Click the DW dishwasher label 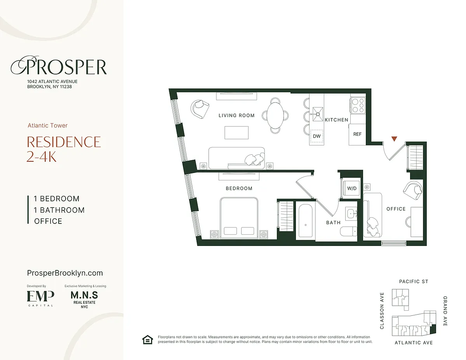[316, 136]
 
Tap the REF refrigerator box [357, 135]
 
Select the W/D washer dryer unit [352, 189]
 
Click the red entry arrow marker [394, 139]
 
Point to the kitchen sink [318, 114]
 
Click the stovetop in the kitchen [358, 106]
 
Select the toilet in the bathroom [349, 231]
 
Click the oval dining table [275, 116]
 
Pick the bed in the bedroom [239, 218]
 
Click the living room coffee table [236, 133]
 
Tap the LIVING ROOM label [236, 116]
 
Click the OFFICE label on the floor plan [396, 209]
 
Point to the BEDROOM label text [239, 189]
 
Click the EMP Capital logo [40, 298]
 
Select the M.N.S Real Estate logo [84, 299]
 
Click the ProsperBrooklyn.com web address [65, 273]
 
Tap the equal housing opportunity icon [148, 340]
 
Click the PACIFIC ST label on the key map [414, 281]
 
